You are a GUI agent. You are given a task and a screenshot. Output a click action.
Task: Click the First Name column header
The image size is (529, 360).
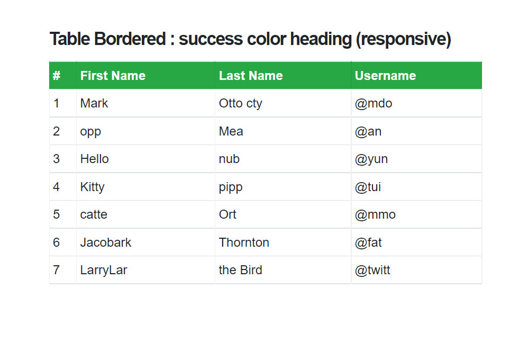pos(113,76)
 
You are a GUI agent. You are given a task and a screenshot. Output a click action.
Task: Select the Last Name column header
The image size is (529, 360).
pos(251,76)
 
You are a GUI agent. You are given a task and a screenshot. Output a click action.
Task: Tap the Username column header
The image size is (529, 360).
pos(385,76)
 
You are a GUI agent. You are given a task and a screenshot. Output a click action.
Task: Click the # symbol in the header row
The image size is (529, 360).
pos(57,76)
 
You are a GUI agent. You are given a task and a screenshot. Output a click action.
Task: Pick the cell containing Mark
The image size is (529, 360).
pos(94,103)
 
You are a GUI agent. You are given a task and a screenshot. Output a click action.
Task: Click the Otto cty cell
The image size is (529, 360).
pos(241,103)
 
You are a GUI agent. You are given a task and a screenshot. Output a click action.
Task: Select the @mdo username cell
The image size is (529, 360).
pos(373,103)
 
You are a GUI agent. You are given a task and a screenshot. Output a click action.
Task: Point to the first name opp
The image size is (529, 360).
pos(90,132)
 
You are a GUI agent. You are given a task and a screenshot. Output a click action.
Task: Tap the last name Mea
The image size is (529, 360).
pos(231,131)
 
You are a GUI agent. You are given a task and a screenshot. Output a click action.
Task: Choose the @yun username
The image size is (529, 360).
pos(371,159)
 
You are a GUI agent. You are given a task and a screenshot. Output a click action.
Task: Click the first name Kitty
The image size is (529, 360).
pos(93,187)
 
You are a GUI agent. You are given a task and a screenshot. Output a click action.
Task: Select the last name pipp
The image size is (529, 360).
pos(231,187)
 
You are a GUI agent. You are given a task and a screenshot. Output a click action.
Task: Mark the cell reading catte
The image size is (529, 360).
pos(94,214)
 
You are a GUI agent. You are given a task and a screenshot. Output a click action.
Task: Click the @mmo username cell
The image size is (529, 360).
pos(375,214)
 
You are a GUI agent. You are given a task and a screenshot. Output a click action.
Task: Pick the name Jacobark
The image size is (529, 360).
pos(106,242)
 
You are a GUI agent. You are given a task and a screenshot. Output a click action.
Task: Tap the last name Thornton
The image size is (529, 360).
pos(244,242)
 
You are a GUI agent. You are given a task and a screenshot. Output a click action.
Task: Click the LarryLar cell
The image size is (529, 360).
pos(104,271)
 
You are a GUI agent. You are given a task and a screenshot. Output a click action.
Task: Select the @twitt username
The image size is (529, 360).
pos(372,270)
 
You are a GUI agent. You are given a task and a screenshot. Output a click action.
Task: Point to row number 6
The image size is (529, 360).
pos(57,242)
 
